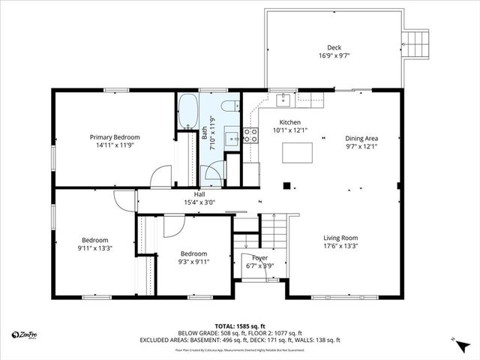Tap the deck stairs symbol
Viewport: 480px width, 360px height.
pyautogui.click(x=415, y=42)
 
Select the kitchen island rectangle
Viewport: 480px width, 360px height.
pyautogui.click(x=297, y=152)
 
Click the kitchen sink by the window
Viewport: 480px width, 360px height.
pyautogui.click(x=285, y=99)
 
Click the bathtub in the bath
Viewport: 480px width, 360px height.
pyautogui.click(x=187, y=111)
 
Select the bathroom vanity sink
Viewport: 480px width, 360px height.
pyautogui.click(x=232, y=137)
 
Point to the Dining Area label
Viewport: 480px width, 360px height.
pyautogui.click(x=361, y=138)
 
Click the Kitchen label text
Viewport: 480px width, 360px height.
pyautogui.click(x=289, y=122)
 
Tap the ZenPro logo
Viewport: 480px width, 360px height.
pyautogui.click(x=25, y=334)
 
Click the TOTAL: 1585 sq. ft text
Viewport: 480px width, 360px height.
pyautogui.click(x=240, y=326)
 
